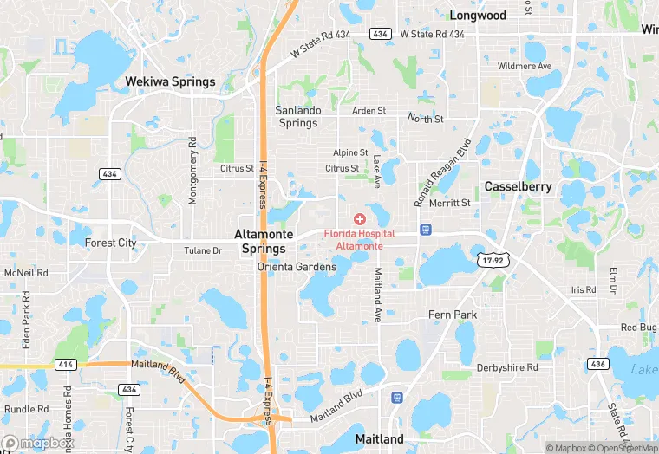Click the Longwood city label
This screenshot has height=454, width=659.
click(478, 15)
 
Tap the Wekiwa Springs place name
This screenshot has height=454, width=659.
click(170, 81)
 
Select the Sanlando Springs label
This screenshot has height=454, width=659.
click(298, 116)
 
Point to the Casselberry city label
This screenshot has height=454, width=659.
click(518, 186)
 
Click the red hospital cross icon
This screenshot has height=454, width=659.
click(359, 219)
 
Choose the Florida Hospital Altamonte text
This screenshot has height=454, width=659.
click(359, 240)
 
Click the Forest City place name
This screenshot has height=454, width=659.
click(110, 243)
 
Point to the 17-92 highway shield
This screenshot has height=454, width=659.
click(490, 259)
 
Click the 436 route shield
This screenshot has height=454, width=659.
click(597, 363)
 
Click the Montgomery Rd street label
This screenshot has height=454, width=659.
click(192, 171)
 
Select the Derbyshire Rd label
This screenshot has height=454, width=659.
click(506, 367)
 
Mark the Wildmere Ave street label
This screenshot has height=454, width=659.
click(524, 67)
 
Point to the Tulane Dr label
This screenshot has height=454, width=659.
click(203, 250)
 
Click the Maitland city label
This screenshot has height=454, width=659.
click(379, 439)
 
